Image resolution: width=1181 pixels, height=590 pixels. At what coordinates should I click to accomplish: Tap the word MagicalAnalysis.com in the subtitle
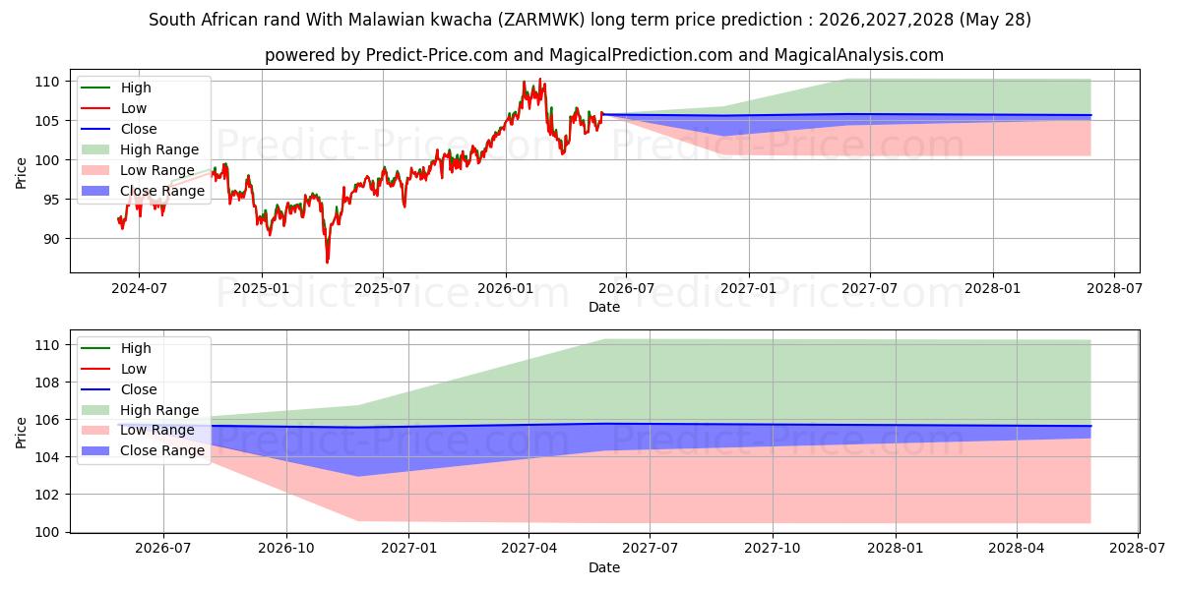859,55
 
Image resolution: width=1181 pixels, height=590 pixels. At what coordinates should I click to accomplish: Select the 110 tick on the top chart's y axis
46,82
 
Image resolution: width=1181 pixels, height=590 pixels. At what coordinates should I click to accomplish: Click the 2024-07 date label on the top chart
139,289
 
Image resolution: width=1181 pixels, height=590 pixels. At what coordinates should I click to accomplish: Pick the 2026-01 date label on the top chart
506,289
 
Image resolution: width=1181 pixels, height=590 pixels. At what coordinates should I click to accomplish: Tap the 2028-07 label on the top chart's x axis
1114,289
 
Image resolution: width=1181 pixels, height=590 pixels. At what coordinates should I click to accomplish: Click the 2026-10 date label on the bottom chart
286,549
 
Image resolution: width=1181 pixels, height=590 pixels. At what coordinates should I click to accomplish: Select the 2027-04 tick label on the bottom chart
529,549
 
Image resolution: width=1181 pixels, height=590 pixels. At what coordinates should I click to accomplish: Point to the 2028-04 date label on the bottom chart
1017,549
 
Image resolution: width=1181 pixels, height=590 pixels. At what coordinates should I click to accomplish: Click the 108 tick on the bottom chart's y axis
46,383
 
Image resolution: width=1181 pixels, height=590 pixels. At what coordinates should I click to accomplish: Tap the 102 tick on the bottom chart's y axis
46,495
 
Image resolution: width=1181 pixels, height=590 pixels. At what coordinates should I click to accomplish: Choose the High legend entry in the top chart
116,88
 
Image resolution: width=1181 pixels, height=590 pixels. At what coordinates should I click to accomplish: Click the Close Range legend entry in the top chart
143,191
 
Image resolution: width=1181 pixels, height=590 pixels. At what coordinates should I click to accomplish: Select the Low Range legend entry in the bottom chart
138,431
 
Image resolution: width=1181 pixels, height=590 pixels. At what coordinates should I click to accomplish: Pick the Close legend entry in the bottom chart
119,389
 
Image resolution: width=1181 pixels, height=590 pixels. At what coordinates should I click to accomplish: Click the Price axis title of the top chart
21,173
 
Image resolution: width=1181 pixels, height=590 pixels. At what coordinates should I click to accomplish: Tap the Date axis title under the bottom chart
604,568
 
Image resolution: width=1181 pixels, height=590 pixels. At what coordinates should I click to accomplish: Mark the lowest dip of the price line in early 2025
328,262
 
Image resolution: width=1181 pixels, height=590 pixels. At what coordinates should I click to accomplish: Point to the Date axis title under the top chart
604,307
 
